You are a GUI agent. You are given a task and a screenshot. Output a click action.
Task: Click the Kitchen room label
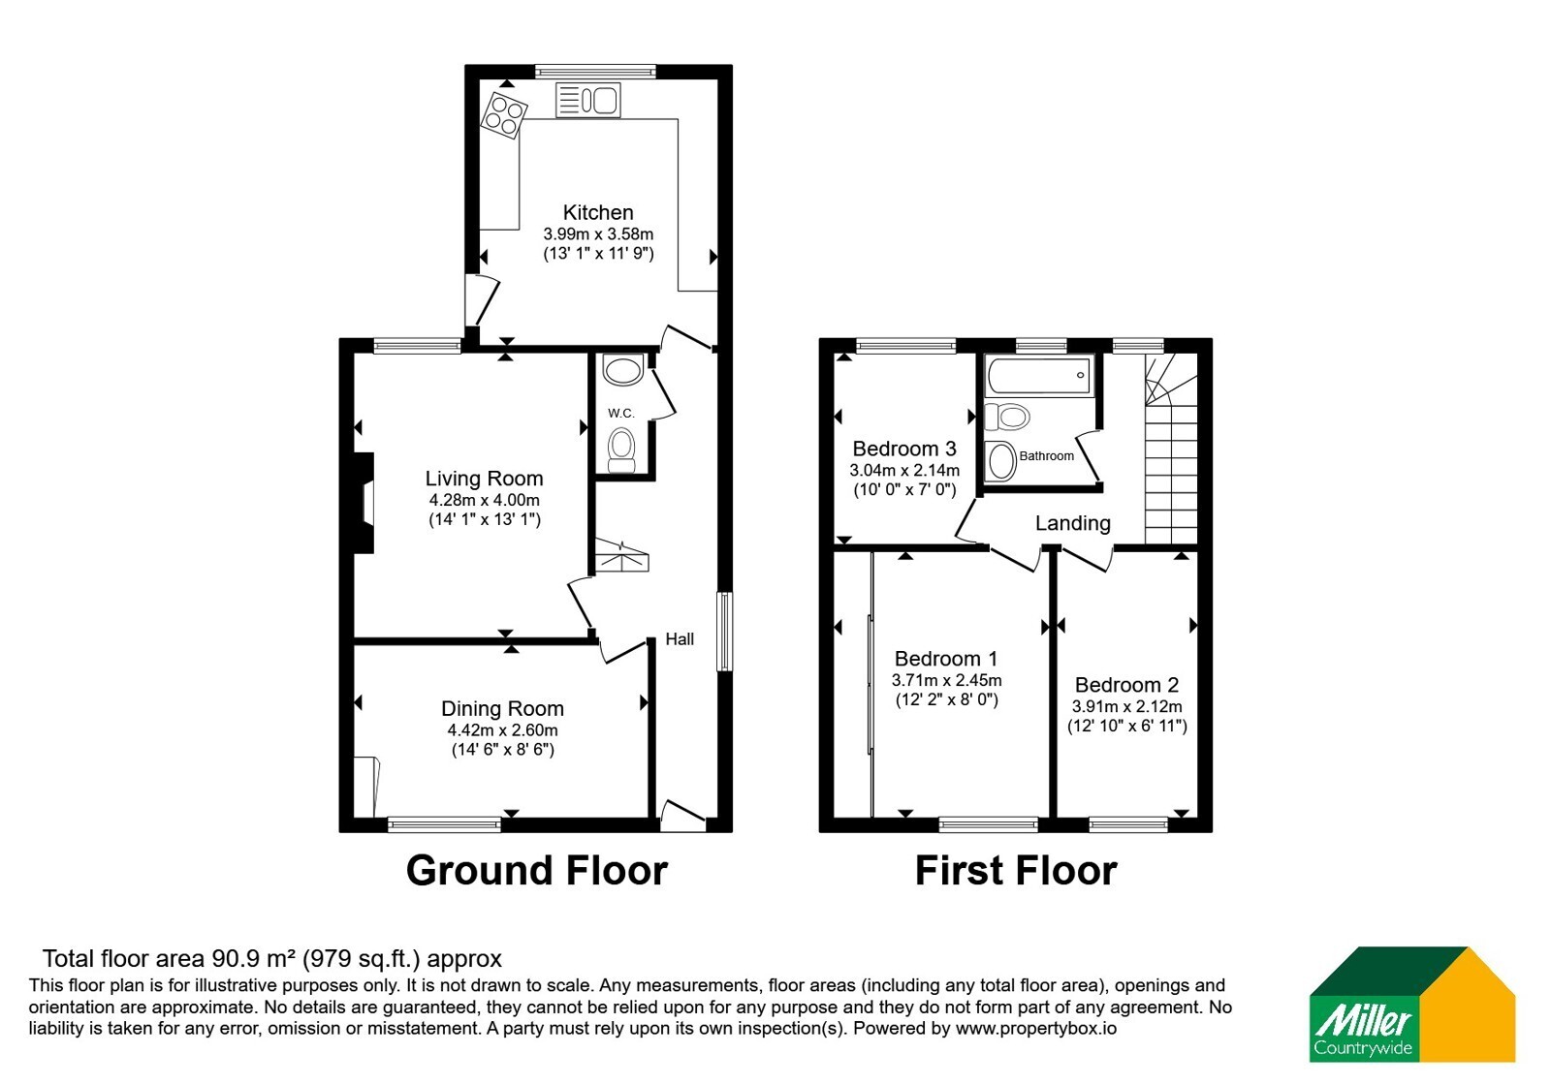click(597, 212)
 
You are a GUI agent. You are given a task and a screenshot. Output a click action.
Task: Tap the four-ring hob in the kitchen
click(504, 115)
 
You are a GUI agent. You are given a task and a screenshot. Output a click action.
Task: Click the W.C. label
click(621, 413)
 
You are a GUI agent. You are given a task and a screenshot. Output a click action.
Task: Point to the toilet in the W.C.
click(620, 450)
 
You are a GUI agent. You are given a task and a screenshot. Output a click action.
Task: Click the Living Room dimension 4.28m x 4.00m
click(484, 500)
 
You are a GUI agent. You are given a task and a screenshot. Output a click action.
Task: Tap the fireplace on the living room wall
click(364, 503)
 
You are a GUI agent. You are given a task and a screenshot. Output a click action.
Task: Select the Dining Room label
click(502, 708)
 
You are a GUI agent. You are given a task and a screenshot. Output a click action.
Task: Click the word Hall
click(680, 639)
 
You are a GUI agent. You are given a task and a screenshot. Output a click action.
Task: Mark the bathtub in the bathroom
click(1039, 376)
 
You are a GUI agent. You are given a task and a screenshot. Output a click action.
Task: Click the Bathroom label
click(1046, 456)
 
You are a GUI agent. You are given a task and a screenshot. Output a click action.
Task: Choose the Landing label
click(1072, 523)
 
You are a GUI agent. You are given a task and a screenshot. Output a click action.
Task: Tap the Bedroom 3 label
click(904, 449)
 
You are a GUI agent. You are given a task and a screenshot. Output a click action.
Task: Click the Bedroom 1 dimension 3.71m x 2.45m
click(946, 680)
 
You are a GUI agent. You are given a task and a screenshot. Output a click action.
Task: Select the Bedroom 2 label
click(1126, 685)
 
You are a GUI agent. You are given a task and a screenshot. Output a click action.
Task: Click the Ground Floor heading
click(537, 871)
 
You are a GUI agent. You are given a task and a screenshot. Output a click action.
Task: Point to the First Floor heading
click(1016, 871)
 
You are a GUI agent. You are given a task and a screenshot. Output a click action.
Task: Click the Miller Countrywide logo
click(1411, 1005)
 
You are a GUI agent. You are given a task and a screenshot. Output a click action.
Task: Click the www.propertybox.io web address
click(1036, 1028)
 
